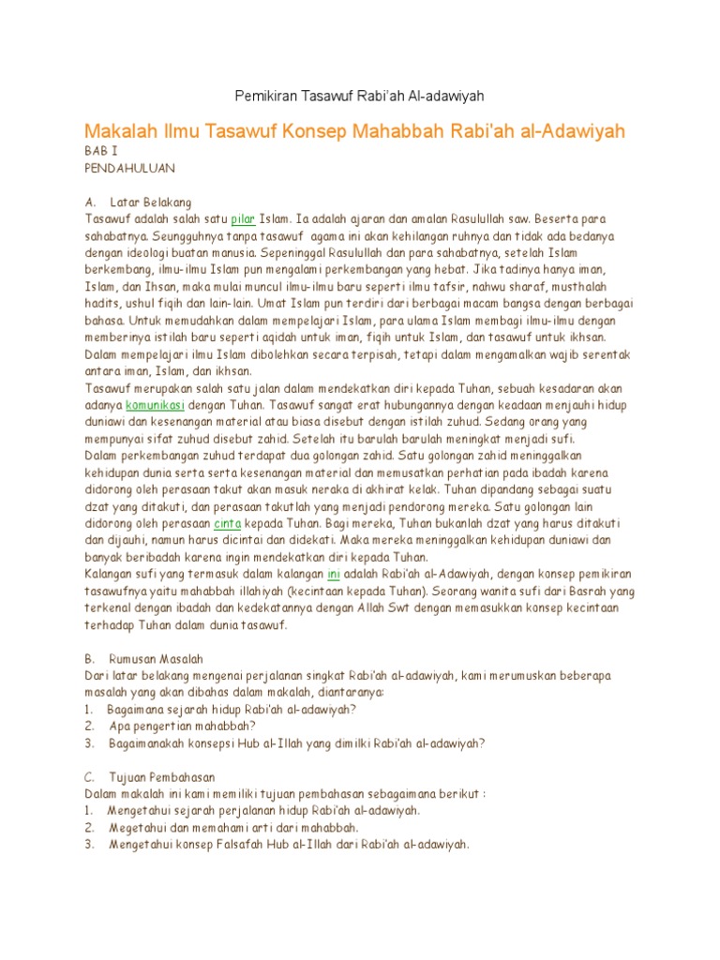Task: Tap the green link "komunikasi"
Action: [155, 405]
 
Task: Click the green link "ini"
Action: [333, 574]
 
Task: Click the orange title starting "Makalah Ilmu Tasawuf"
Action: [354, 130]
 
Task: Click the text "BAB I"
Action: [100, 150]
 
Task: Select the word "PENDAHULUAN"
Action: [129, 167]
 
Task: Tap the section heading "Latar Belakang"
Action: [150, 202]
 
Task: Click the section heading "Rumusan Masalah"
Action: [157, 658]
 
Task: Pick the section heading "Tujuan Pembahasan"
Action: [162, 776]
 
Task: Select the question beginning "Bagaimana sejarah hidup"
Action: [231, 709]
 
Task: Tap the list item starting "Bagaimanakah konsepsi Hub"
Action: [296, 742]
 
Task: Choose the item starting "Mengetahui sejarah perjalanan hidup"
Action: [263, 810]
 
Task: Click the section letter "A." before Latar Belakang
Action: [90, 202]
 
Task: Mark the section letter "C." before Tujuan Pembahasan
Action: [90, 776]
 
